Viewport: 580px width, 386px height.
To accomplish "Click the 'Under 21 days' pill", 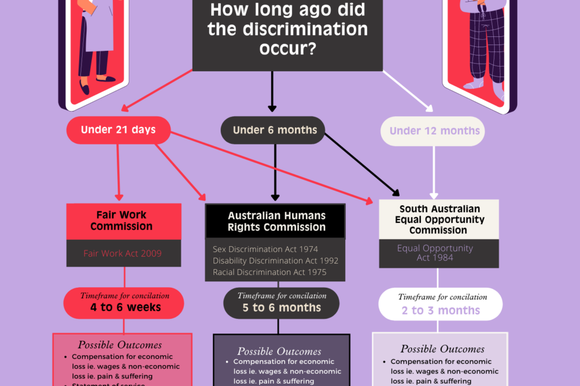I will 118,130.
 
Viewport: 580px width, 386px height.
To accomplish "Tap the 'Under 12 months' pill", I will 434,131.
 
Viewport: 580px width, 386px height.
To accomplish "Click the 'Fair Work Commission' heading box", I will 122,221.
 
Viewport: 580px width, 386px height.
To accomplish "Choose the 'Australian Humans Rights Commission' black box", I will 275,221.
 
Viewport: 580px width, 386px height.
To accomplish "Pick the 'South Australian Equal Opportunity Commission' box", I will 439,219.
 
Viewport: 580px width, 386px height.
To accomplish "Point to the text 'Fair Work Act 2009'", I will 122,254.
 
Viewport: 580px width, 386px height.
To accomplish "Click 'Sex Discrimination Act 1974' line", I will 265,250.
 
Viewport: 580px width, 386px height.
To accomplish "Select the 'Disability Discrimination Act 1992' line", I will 275,261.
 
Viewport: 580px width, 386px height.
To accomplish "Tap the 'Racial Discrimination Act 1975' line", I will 269,272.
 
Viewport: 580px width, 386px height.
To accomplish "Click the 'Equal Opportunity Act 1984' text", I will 435,253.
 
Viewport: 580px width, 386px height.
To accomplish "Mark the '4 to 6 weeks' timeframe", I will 124,307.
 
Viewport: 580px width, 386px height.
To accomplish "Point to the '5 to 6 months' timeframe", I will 282,308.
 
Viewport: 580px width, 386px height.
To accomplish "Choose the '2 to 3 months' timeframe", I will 441,311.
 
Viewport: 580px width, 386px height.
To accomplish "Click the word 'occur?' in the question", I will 287,49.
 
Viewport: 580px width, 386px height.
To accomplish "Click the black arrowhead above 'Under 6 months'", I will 272,108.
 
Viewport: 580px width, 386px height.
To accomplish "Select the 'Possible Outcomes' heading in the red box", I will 120,345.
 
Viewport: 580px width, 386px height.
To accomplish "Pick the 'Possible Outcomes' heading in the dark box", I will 279,351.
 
